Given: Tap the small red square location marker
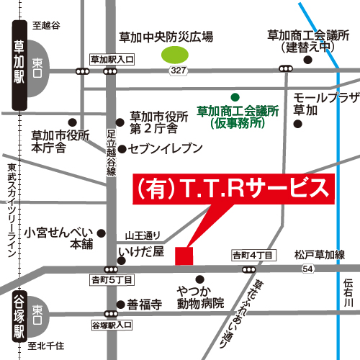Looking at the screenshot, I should pyautogui.click(x=185, y=255).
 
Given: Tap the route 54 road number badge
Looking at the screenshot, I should pyautogui.click(x=307, y=269).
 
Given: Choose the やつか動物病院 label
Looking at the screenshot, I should pyautogui.click(x=199, y=297).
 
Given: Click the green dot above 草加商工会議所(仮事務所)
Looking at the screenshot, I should pyautogui.click(x=234, y=96).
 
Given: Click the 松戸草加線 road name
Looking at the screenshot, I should pyautogui.click(x=320, y=254).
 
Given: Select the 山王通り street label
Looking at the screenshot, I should pyautogui.click(x=141, y=235).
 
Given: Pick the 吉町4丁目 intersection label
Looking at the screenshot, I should pyautogui.click(x=252, y=255).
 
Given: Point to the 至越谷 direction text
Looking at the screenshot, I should pyautogui.click(x=45, y=25).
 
